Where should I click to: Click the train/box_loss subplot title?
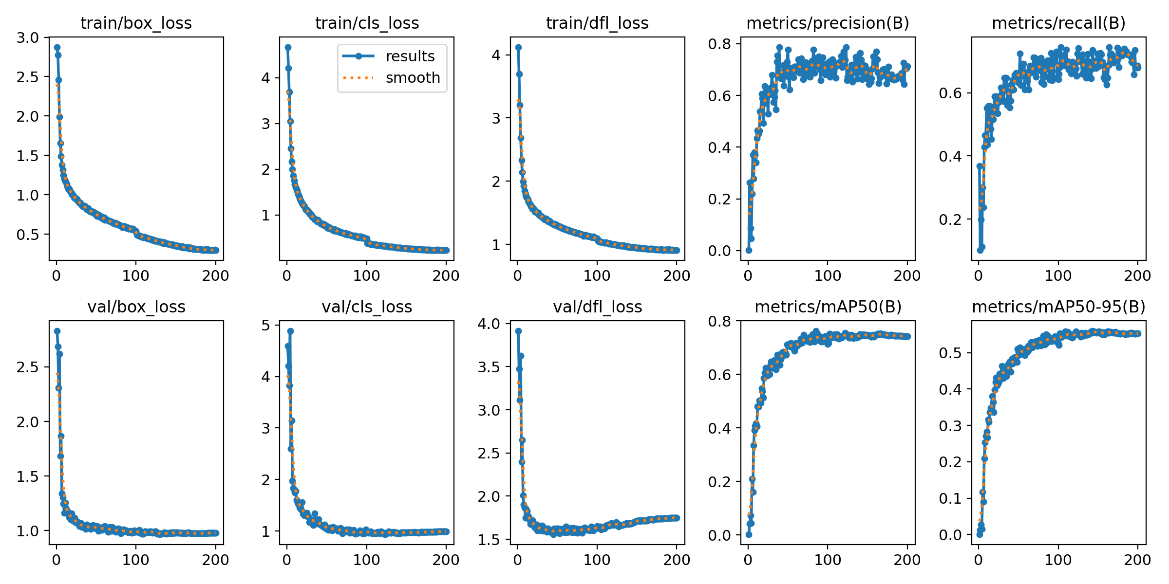point(136,23)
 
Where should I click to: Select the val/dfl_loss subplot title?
point(598,307)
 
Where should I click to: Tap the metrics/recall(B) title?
point(1059,23)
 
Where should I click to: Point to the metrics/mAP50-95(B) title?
point(1059,307)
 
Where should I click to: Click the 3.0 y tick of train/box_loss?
point(27,38)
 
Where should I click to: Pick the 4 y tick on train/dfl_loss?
point(496,55)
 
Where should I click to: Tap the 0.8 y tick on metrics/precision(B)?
point(719,44)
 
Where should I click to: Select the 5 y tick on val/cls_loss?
point(265,325)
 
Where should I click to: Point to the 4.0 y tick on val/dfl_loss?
point(489,324)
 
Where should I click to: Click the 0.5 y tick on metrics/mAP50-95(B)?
point(950,353)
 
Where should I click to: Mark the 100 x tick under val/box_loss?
point(136,560)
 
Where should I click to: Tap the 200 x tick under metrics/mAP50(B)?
point(907,560)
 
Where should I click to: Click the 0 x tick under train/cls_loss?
point(287,276)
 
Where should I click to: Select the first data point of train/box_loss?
point(57,47)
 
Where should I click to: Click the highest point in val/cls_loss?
point(290,331)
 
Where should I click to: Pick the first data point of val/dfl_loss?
point(518,331)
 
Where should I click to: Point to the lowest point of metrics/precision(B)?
point(749,250)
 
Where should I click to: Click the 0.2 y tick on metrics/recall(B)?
point(950,219)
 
